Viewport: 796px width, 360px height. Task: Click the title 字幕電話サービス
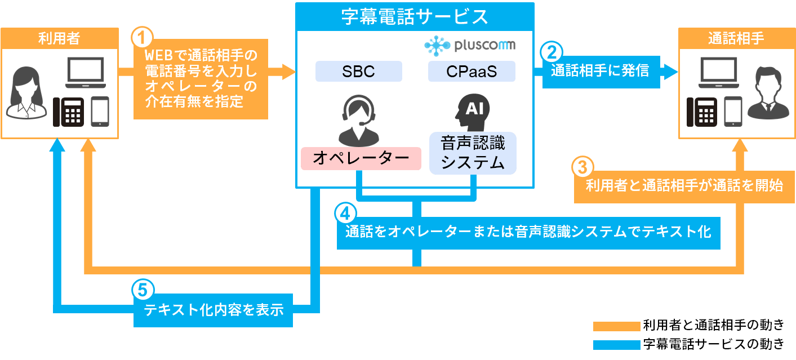[415, 17]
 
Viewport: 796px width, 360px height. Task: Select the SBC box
[358, 72]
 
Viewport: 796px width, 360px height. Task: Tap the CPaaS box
[471, 72]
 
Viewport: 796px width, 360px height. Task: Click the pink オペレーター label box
[361, 158]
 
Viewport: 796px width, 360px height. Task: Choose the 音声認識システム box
[473, 153]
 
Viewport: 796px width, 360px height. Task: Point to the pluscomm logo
[470, 45]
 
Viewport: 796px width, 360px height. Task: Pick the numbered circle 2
[552, 52]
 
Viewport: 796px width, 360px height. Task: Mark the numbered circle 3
[583, 167]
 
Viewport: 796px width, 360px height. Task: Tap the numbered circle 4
[345, 213]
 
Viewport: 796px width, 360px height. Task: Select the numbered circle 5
[143, 290]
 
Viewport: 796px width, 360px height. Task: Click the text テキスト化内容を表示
[214, 310]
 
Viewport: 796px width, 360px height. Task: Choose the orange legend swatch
[616, 326]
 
